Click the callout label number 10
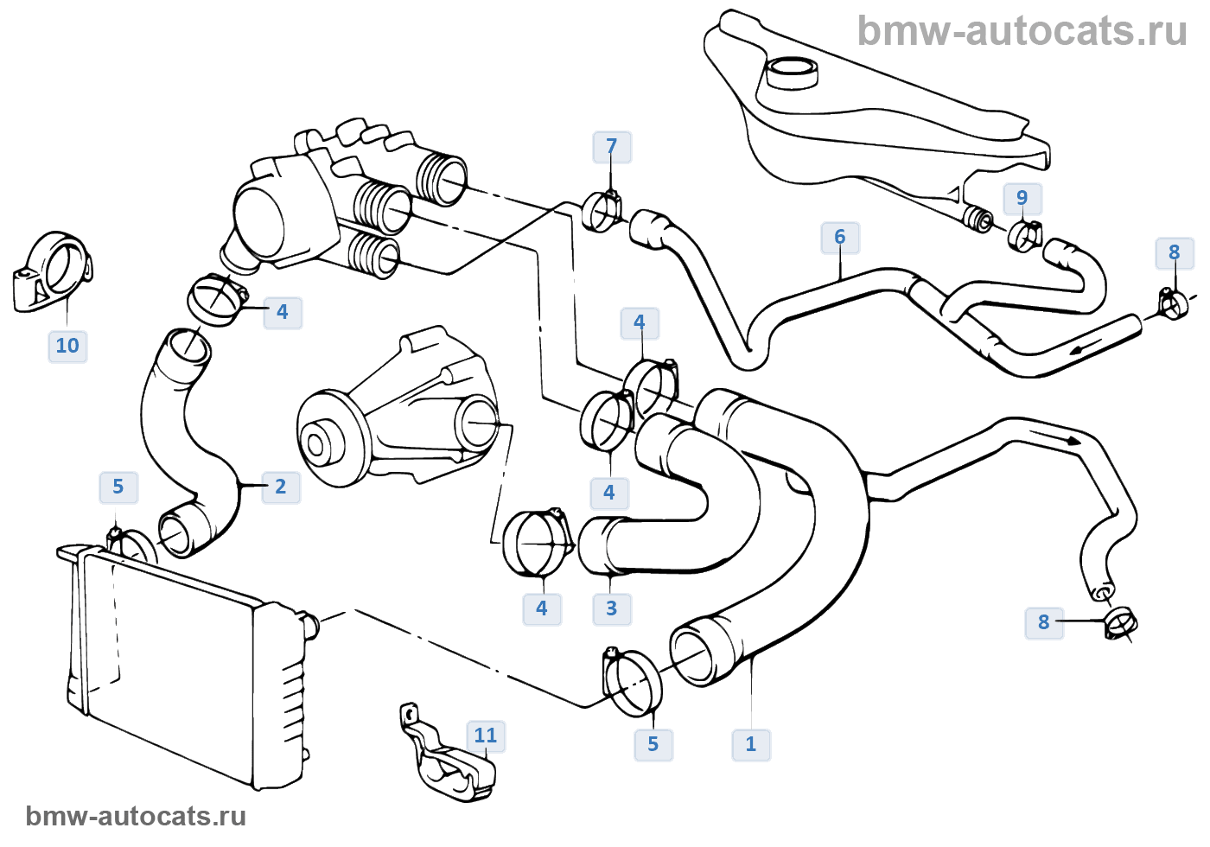67,346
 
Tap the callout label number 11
486,736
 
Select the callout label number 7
612,147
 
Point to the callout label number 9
1022,198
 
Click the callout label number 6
840,237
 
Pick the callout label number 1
751,744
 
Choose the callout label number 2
280,487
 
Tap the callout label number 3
611,608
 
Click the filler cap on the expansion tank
791,73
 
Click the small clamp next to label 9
1025,234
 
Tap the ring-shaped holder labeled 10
54,270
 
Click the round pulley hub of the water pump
316,444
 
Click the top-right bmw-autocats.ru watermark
1022,31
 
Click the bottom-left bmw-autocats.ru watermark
136,816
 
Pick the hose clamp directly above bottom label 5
633,683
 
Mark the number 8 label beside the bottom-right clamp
1043,621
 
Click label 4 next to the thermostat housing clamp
282,312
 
